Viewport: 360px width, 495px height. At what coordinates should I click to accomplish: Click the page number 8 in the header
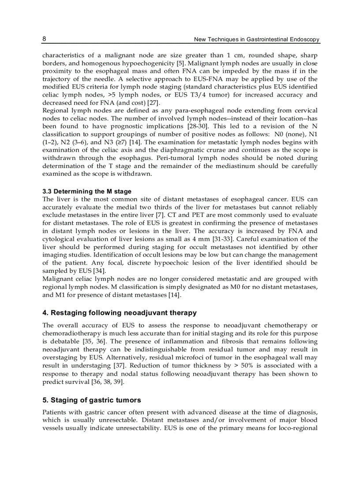click(x=45, y=39)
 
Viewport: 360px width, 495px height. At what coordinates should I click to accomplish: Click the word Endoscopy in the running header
click(x=304, y=40)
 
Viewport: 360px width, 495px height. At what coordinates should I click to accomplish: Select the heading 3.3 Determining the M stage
click(x=86, y=191)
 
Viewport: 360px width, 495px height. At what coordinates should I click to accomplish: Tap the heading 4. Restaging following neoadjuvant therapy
click(x=119, y=313)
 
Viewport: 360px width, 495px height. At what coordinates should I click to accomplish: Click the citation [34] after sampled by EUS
click(x=99, y=271)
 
